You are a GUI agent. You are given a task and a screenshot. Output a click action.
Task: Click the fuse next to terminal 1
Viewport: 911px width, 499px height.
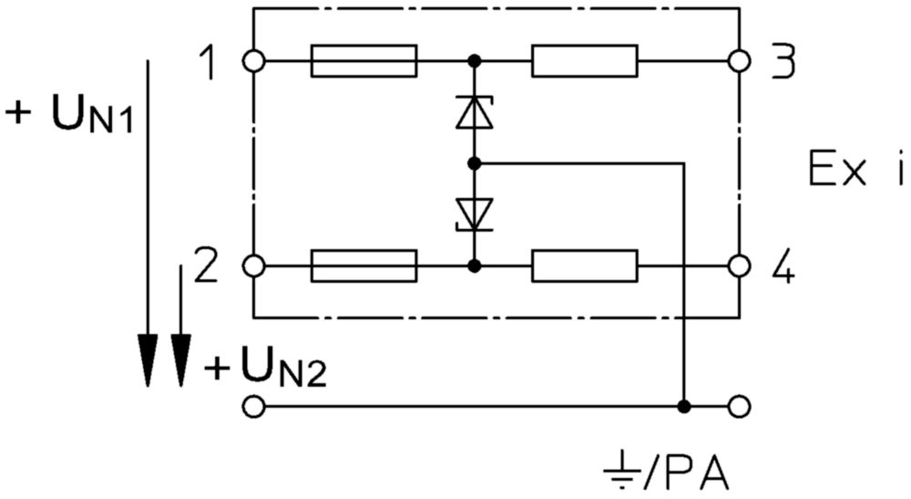coord(363,60)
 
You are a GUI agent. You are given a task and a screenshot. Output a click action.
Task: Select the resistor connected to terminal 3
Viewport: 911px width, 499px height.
coord(585,60)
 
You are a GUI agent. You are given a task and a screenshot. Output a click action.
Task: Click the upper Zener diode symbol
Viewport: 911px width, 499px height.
coord(475,112)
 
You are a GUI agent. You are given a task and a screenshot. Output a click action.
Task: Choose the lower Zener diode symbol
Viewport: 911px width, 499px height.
coord(475,214)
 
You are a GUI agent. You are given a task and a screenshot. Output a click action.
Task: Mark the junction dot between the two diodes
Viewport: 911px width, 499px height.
coord(475,163)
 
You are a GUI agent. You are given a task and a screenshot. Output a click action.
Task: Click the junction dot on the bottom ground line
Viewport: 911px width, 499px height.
coord(685,407)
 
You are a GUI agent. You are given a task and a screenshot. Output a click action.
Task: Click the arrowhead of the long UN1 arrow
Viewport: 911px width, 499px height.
coord(148,360)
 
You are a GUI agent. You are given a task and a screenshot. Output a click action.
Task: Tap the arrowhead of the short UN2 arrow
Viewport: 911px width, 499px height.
coord(181,360)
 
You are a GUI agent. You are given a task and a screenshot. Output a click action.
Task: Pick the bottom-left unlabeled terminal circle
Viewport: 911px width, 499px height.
coord(254,407)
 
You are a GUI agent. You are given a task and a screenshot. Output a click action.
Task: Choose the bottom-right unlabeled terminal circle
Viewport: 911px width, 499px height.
coord(739,407)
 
